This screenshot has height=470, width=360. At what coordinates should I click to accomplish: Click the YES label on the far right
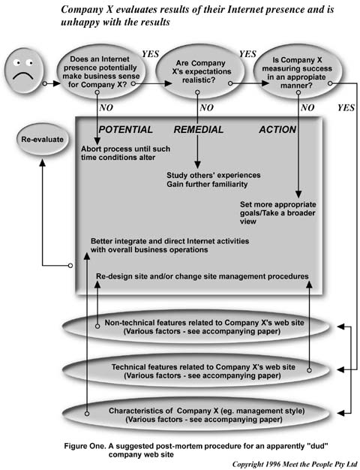point(346,108)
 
